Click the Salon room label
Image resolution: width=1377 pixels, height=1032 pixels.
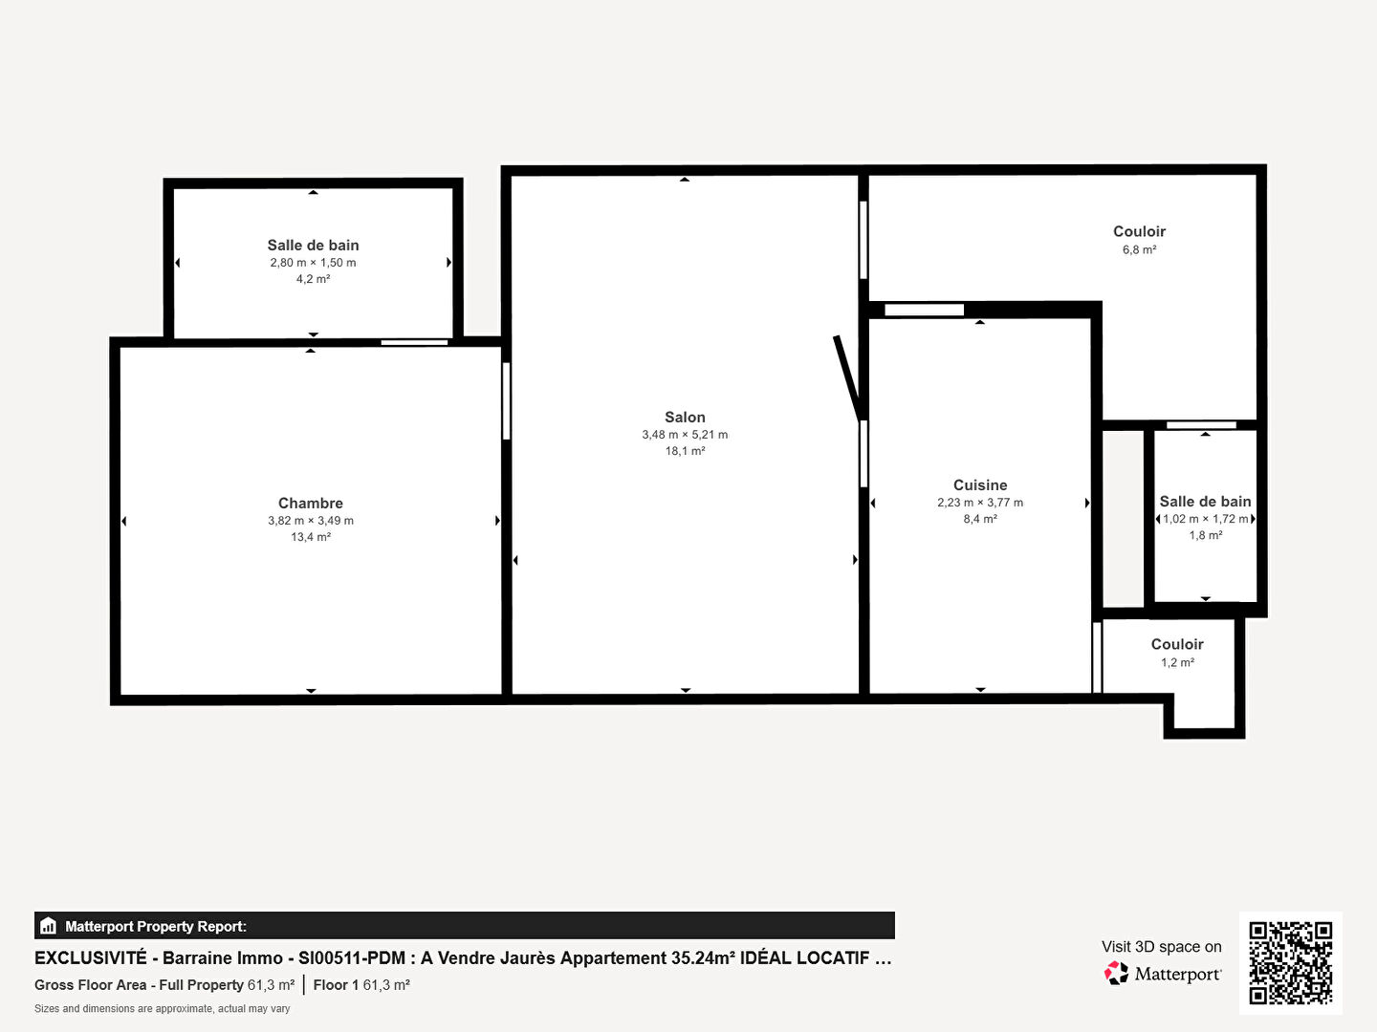point(685,418)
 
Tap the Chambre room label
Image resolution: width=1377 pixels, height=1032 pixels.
point(311,504)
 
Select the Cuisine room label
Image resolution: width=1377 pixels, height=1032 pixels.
point(980,485)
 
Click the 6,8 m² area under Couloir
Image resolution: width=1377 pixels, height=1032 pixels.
point(1139,249)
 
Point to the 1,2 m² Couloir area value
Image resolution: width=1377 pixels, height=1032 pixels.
point(1177,662)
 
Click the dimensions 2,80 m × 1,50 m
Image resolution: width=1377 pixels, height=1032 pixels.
point(313,263)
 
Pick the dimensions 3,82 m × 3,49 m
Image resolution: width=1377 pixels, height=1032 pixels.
point(311,521)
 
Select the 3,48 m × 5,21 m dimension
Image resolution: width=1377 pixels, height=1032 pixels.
point(685,435)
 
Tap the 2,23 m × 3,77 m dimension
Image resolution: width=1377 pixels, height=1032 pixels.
point(980,503)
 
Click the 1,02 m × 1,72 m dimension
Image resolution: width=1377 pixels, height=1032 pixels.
point(1205,519)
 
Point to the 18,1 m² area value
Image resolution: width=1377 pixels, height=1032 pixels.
point(685,451)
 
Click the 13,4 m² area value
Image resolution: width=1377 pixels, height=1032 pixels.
point(311,537)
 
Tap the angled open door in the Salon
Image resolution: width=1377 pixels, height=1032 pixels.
point(847,377)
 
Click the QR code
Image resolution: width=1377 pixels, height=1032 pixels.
point(1290,962)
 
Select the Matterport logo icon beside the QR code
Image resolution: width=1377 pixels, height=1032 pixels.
point(1116,973)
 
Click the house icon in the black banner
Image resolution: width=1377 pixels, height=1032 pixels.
point(49,926)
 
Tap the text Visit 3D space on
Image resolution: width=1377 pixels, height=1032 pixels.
point(1161,947)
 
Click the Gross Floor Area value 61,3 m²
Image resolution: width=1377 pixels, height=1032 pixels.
point(271,985)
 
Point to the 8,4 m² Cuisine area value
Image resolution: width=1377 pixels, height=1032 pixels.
point(980,519)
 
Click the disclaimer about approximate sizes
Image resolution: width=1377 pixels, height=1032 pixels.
point(162,1009)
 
